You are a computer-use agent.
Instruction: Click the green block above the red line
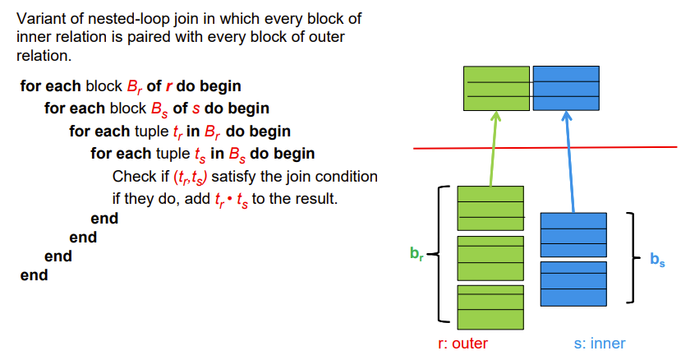(x=496, y=88)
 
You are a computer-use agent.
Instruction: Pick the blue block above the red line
(x=565, y=88)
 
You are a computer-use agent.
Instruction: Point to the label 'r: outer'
(x=462, y=344)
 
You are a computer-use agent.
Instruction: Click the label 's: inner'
(x=599, y=344)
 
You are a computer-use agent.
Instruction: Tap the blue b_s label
(x=657, y=260)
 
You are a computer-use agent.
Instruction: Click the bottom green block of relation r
(x=490, y=308)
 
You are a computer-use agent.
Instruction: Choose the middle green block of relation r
(x=490, y=258)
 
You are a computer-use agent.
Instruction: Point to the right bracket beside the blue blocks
(x=632, y=257)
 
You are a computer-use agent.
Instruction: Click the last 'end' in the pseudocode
(x=34, y=275)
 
